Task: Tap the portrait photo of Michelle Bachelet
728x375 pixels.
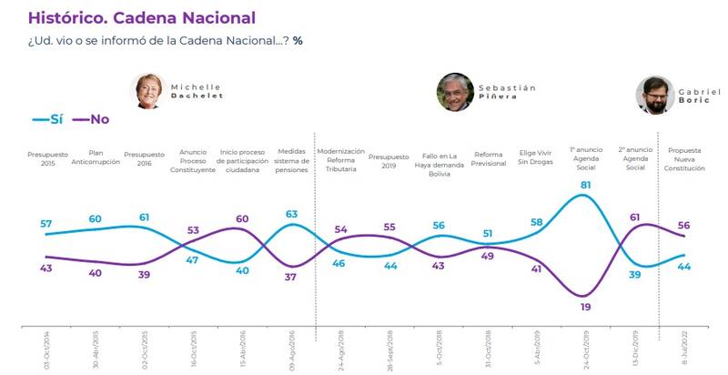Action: click(146, 90)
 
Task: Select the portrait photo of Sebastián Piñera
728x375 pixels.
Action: click(455, 92)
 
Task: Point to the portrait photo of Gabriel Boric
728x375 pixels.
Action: click(654, 95)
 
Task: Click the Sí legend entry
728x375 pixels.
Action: click(46, 119)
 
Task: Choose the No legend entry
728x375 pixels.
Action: click(90, 119)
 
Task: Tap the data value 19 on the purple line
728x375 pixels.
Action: click(584, 307)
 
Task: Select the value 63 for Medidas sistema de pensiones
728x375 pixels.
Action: click(291, 215)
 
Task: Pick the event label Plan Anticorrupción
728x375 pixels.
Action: click(95, 159)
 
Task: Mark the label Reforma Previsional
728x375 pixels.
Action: click(488, 159)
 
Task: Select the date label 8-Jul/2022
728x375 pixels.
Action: click(683, 350)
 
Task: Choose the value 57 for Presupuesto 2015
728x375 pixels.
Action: click(45, 224)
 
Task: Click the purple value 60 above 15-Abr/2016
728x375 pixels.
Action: click(243, 219)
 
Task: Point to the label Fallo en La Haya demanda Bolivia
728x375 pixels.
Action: click(439, 163)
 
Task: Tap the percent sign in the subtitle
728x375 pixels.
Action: click(298, 41)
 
